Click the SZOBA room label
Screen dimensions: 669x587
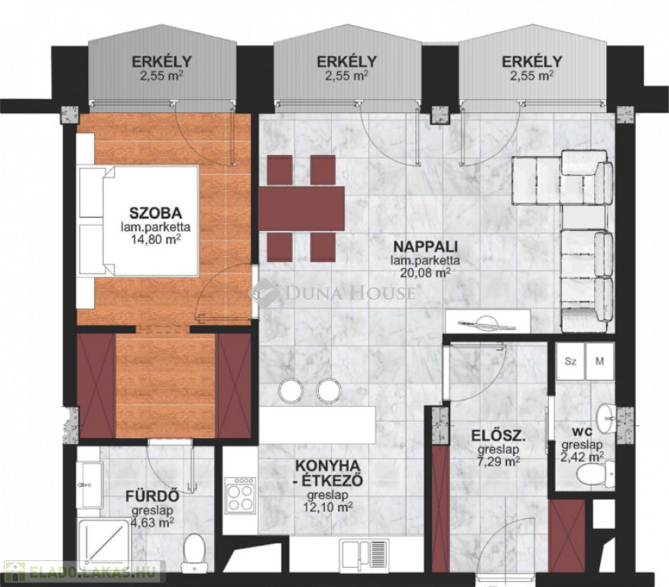155,213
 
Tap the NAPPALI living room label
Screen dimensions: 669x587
425,247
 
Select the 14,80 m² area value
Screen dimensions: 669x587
155,239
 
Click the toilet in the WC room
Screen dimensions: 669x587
596,475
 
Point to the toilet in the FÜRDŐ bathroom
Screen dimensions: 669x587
193,553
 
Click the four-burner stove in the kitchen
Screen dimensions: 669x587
240,495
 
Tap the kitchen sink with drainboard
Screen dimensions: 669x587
364,553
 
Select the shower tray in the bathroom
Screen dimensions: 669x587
104,546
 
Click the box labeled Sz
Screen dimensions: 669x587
570,362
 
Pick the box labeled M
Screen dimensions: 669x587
599,362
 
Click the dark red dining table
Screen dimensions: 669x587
301,208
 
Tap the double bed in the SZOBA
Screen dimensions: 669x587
138,221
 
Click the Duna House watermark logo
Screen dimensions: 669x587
334,293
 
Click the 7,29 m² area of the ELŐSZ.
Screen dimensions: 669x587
499,462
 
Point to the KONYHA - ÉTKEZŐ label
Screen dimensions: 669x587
328,472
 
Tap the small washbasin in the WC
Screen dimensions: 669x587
605,419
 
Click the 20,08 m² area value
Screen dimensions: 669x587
425,273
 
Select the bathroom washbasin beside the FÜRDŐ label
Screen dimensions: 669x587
89,485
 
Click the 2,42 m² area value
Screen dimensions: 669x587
582,457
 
